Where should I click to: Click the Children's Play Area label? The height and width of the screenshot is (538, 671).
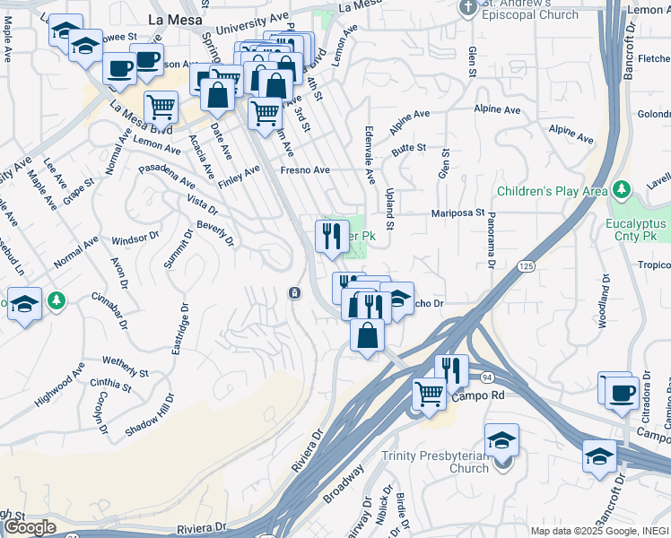[x=552, y=191]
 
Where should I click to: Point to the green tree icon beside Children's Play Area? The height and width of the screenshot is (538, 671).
[x=621, y=190]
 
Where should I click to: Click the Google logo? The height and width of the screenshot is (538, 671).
[x=30, y=527]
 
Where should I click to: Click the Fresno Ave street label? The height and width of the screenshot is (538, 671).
[x=305, y=169]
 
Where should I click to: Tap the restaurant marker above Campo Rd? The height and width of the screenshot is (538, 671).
[x=451, y=369]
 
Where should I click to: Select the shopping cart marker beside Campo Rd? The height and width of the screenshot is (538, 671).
[x=430, y=393]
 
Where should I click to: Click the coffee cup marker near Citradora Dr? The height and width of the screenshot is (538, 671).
[x=622, y=391]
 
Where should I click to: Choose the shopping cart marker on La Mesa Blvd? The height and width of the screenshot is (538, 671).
[x=161, y=106]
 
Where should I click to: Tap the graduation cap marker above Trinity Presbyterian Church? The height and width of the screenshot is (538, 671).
[x=501, y=439]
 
